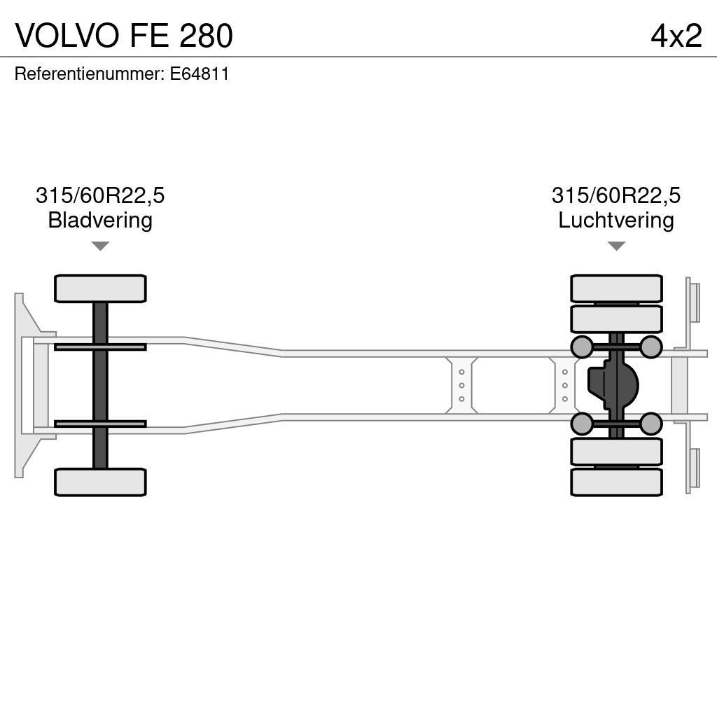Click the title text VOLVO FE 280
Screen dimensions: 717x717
[124, 36]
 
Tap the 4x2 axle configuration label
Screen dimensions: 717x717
[676, 36]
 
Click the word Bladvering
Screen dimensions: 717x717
[100, 221]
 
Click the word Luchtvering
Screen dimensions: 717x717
[615, 221]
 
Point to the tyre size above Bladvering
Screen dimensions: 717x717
[100, 195]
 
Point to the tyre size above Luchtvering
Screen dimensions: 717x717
[615, 195]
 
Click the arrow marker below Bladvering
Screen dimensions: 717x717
[100, 246]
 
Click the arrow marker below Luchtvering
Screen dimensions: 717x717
[616, 246]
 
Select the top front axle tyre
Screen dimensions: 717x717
[100, 288]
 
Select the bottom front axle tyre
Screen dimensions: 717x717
[100, 482]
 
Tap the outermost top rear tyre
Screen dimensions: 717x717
[616, 288]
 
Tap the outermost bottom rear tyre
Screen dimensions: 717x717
[616, 482]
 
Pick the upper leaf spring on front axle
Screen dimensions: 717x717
[100, 347]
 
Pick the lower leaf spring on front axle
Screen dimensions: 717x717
[100, 424]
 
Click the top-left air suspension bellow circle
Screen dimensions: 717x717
[582, 347]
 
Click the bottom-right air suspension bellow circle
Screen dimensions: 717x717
[651, 424]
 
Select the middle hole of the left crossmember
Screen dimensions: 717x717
[461, 385]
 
